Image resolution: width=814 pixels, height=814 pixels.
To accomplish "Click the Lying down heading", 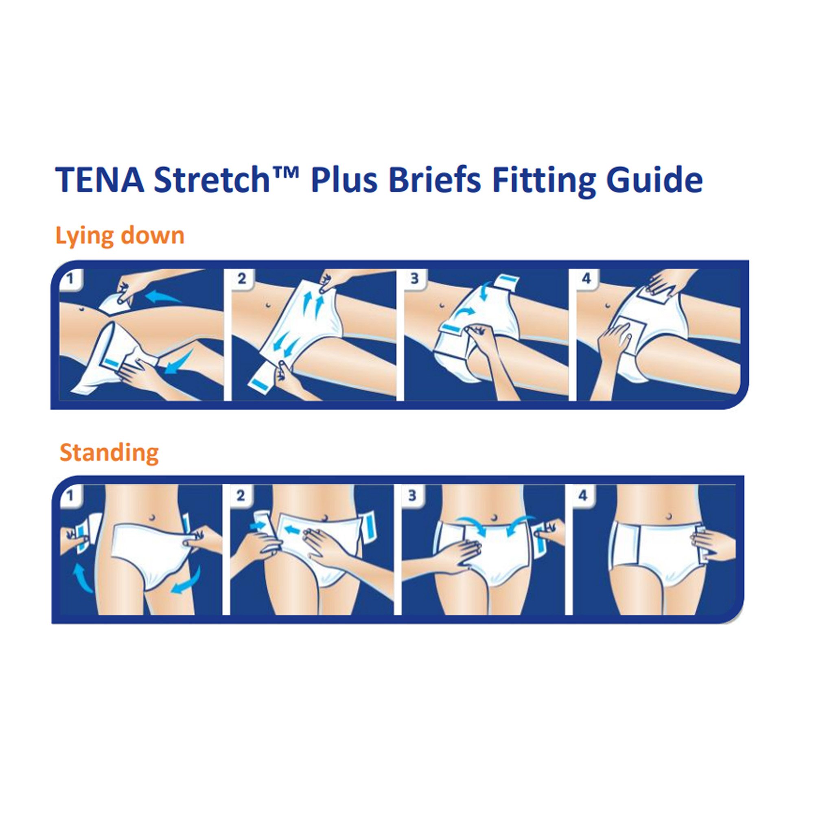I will (120, 236).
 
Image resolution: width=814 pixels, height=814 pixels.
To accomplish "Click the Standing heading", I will (109, 453).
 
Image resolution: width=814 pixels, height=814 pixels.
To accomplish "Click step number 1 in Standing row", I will (70, 495).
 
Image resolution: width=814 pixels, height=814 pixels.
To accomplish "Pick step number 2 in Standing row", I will (240, 495).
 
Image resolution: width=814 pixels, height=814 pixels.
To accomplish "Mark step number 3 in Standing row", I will (412, 495).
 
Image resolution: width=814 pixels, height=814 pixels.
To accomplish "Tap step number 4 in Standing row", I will (583, 495).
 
